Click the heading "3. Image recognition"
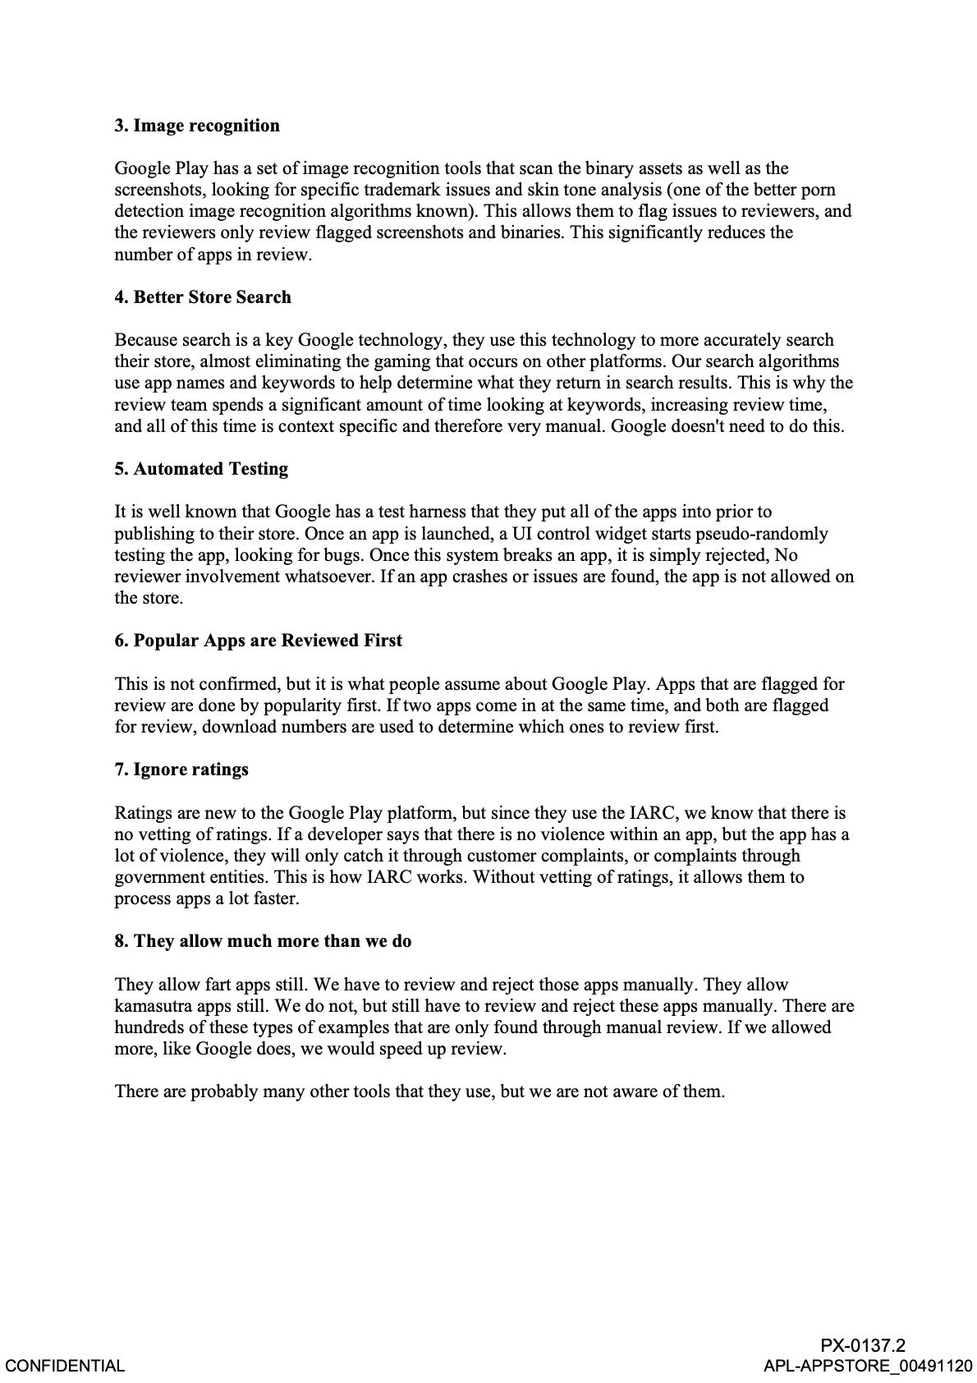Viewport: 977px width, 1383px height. pyautogui.click(x=197, y=126)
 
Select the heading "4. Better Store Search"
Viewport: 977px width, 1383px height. pyautogui.click(x=203, y=297)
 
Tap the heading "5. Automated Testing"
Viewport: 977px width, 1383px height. pyautogui.click(x=201, y=469)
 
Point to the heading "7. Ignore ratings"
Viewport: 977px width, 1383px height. pyautogui.click(x=181, y=770)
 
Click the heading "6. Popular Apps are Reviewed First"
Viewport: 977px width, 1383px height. pyautogui.click(x=258, y=641)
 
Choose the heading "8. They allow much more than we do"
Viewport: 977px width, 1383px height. pyautogui.click(x=263, y=941)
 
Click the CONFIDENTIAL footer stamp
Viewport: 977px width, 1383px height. pyautogui.click(x=65, y=1366)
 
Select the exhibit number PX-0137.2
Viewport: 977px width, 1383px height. pyautogui.click(x=863, y=1345)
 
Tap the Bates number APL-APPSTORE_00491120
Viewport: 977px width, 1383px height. pyautogui.click(x=868, y=1366)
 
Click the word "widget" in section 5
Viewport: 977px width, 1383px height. pyautogui.click(x=612, y=534)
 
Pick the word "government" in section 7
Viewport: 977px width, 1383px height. pyautogui.click(x=158, y=877)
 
